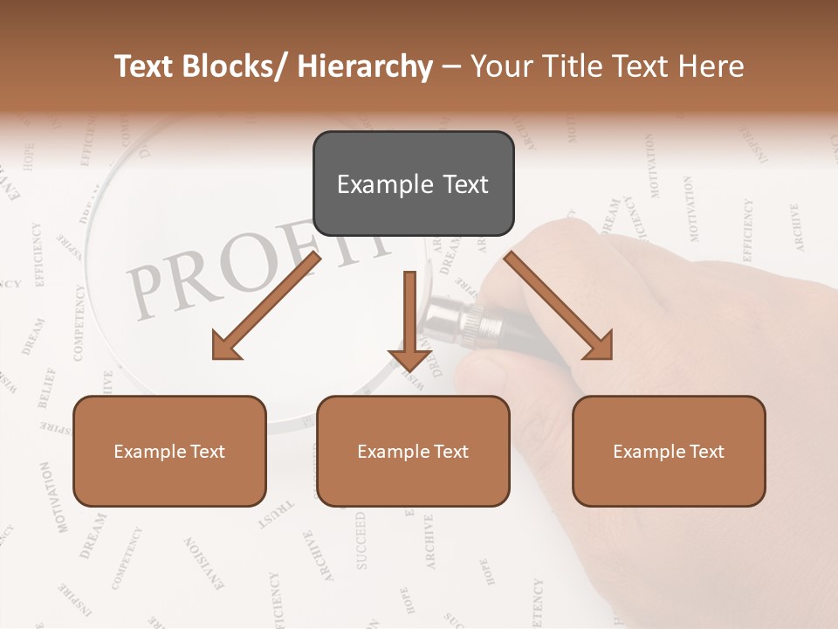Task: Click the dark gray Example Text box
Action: tap(413, 183)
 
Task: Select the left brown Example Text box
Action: tap(169, 451)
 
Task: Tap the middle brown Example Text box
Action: tap(413, 451)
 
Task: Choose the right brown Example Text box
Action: tap(669, 451)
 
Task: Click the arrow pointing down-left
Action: tap(265, 306)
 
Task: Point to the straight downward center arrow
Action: tap(409, 319)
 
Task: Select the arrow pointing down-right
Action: tap(559, 306)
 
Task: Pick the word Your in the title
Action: tap(500, 66)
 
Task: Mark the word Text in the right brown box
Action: tap(706, 452)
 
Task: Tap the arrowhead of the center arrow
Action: tap(409, 358)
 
